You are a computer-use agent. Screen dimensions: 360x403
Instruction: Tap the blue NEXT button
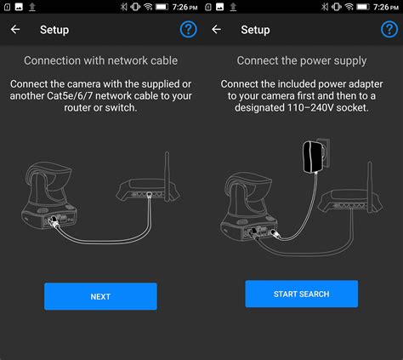pyautogui.click(x=100, y=296)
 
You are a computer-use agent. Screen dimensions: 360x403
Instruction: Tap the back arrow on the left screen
pyautogui.click(x=15, y=30)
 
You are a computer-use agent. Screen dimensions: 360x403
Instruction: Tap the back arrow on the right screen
pyautogui.click(x=216, y=30)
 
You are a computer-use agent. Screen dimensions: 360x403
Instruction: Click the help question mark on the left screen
pyautogui.click(x=188, y=30)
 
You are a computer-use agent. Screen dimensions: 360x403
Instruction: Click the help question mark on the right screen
pyautogui.click(x=389, y=30)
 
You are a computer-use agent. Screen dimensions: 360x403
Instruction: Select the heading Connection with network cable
pyautogui.click(x=100, y=61)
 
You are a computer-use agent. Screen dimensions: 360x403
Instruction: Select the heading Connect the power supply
pyautogui.click(x=302, y=61)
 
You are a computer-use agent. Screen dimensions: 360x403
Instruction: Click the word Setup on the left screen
pyautogui.click(x=54, y=30)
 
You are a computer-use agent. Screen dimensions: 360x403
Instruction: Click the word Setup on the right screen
pyautogui.click(x=255, y=30)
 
